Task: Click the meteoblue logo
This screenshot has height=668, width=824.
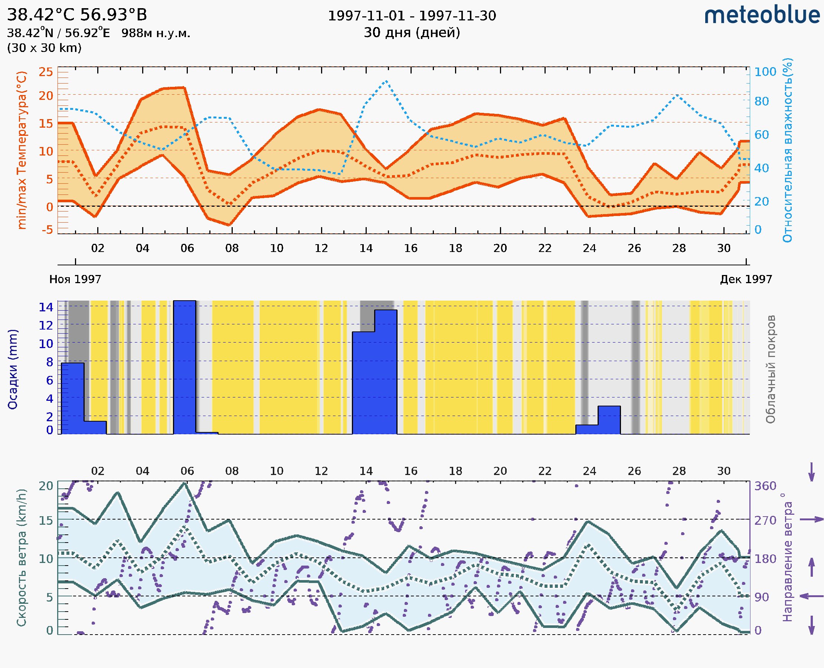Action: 762,15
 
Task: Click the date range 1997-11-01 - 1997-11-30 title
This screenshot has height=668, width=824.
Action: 412,16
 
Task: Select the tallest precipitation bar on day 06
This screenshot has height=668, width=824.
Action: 184,367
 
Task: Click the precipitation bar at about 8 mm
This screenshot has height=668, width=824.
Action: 73,398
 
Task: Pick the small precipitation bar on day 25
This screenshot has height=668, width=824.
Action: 609,420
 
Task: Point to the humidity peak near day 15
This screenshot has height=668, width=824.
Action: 386,81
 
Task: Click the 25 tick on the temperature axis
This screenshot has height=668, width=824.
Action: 46,72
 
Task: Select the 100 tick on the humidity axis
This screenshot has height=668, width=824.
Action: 765,72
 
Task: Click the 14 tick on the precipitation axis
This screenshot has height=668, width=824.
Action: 46,307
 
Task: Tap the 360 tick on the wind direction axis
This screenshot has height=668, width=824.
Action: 765,486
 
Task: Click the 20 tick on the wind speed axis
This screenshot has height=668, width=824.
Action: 46,486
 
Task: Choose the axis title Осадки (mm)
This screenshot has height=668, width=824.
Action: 13,369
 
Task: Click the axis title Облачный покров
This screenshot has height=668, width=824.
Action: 770,369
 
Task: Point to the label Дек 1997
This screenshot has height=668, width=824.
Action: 746,279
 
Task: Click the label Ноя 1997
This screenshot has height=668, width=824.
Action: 75,279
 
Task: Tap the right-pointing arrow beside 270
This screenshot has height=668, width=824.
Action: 811,520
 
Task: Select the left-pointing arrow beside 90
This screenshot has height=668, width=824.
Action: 811,596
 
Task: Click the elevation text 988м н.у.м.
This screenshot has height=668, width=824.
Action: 156,33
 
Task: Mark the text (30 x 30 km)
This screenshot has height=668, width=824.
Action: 44,48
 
